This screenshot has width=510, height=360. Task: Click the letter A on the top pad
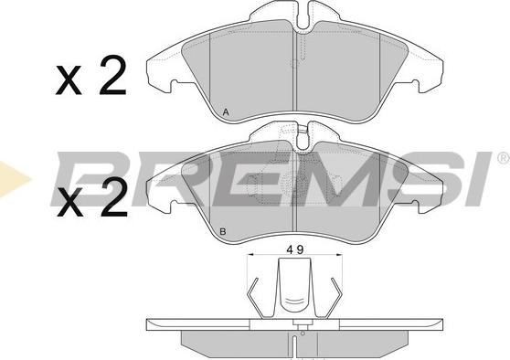[226, 112]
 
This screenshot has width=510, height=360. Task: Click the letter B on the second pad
[223, 232]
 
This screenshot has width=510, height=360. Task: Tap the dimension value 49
[295, 249]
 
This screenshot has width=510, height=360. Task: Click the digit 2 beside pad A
[112, 75]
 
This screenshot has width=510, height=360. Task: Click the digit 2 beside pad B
[113, 197]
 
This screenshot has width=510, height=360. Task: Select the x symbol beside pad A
[69, 80]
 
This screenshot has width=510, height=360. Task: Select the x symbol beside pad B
[69, 202]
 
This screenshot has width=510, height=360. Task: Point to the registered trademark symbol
[504, 158]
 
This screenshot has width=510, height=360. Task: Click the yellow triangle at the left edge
[13, 179]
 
